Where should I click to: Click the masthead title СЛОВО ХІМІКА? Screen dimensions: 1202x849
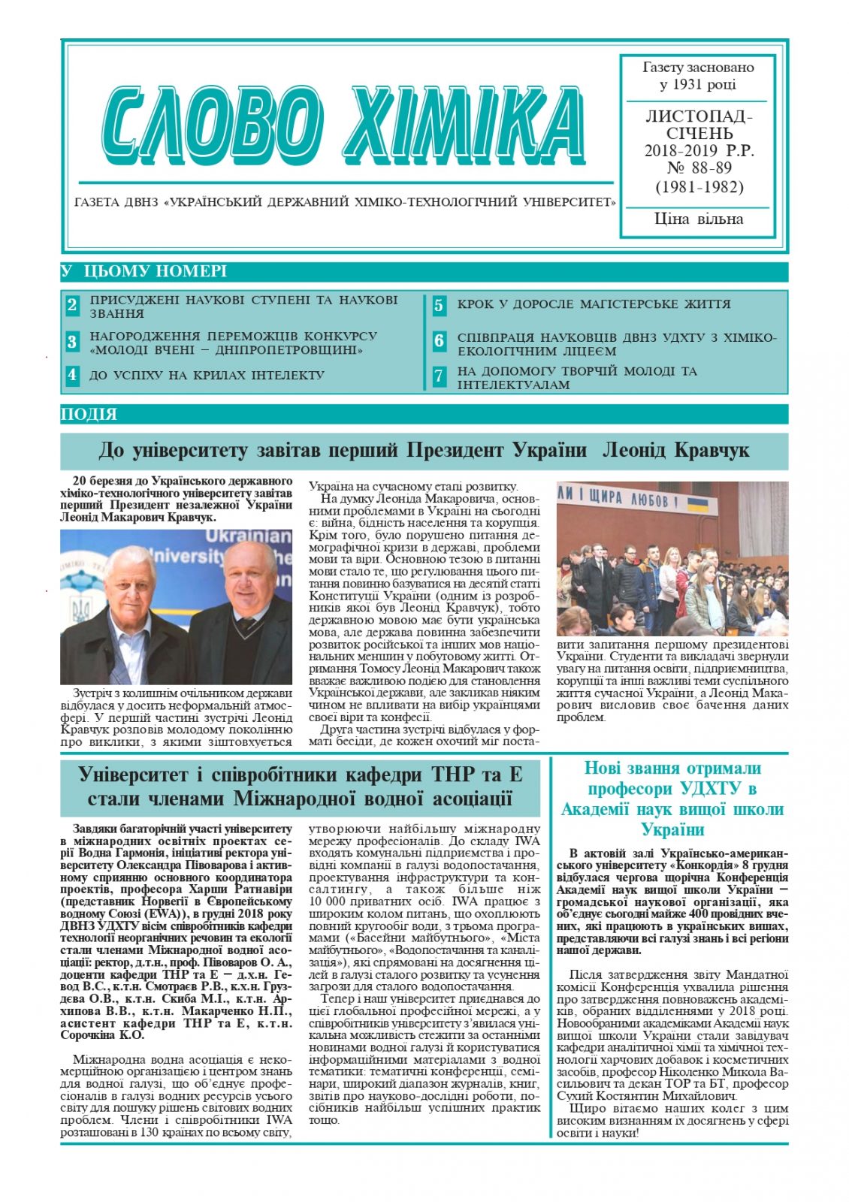click(x=343, y=126)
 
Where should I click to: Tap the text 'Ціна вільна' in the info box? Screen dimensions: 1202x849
click(x=698, y=219)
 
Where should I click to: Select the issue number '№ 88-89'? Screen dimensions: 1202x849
click(x=699, y=168)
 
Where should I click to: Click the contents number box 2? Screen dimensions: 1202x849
click(x=72, y=305)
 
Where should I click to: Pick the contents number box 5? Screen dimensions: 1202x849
click(x=439, y=305)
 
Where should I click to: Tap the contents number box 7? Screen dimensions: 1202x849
click(x=439, y=376)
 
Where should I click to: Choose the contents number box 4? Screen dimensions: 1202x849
click(x=72, y=375)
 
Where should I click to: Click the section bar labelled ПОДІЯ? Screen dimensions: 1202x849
click(x=89, y=414)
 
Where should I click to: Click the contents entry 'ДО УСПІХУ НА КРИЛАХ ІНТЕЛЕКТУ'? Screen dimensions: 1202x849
click(x=207, y=375)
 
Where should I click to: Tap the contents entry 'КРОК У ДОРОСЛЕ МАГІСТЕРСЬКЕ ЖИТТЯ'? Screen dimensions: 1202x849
click(x=594, y=304)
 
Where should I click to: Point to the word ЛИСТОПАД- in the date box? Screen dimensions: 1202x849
click(x=699, y=116)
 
